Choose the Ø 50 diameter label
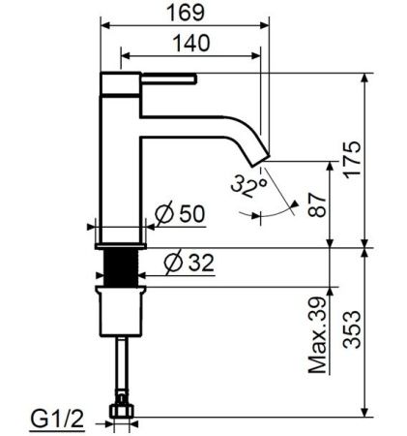pyautogui.click(x=183, y=215)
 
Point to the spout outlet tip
pyautogui.click(x=262, y=155)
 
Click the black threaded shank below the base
pyautogui.click(x=122, y=264)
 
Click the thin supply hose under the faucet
pyautogui.click(x=122, y=363)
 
